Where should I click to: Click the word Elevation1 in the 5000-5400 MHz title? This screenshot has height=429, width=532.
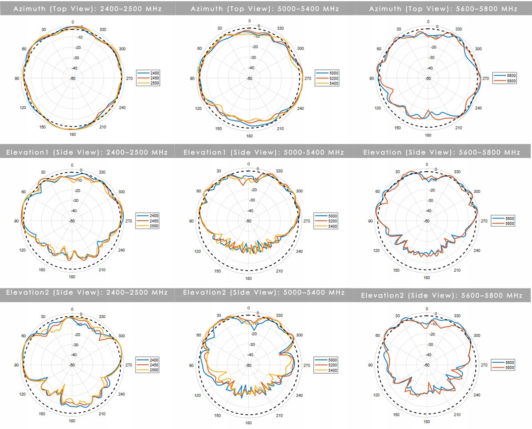(204, 152)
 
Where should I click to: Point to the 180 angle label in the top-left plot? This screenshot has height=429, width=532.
(72, 134)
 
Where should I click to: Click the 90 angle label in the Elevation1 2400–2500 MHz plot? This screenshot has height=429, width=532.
(16, 221)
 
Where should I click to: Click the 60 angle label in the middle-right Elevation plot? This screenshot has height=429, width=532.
(378, 191)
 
